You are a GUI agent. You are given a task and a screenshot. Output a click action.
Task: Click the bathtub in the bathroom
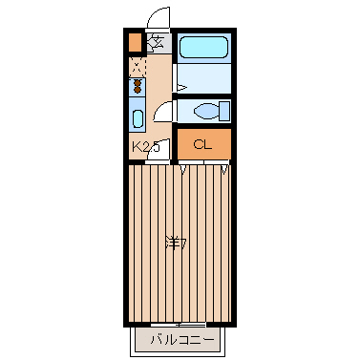(203, 47)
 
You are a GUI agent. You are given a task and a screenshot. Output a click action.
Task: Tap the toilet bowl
(206, 111)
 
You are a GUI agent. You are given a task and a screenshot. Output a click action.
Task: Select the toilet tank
(224, 111)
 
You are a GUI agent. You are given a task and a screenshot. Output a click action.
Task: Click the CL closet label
(202, 145)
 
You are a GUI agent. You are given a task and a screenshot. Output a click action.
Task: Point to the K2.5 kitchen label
(145, 147)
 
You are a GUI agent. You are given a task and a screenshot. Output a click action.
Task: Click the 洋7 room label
(176, 244)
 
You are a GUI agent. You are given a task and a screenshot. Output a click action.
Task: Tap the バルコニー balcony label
(182, 340)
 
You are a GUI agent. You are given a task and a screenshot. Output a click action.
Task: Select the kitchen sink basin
(138, 118)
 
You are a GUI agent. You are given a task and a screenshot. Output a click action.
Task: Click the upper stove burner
(138, 83)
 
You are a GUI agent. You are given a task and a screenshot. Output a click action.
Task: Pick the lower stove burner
(138, 90)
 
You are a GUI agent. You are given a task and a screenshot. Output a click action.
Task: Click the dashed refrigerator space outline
(138, 67)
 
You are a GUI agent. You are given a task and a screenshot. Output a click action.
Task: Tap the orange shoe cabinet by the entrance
(135, 42)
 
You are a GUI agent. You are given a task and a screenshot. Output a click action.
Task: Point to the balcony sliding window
(179, 325)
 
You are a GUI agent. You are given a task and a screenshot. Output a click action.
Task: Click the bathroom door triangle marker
(180, 87)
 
